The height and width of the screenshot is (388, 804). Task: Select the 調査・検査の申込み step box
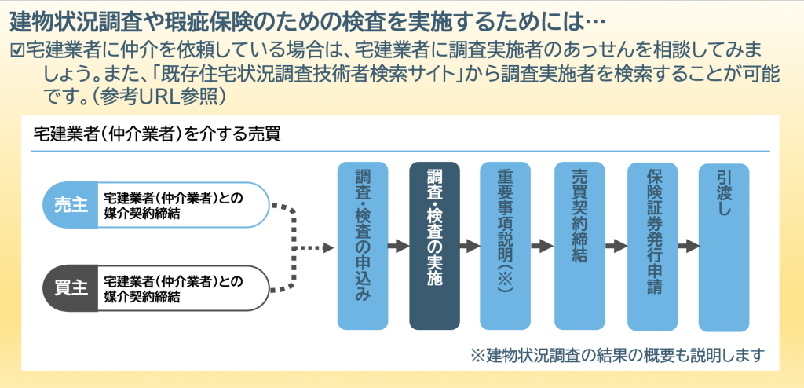click(363, 246)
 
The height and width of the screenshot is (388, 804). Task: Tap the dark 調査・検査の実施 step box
click(434, 246)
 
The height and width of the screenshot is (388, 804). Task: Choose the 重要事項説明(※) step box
click(505, 246)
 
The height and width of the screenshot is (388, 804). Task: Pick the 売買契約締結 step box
click(579, 246)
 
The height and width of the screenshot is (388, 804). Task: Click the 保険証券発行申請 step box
click(652, 247)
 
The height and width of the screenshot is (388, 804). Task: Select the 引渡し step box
click(724, 247)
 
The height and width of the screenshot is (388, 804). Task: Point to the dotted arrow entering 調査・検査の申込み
click(314, 248)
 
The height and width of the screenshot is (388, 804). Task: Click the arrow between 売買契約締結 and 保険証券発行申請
click(616, 247)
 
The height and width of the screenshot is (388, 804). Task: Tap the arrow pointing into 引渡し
click(689, 247)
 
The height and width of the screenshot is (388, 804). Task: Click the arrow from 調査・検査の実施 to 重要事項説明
click(470, 247)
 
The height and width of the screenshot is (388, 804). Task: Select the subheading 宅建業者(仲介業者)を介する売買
click(156, 134)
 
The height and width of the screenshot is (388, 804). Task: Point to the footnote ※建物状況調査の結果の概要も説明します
click(617, 354)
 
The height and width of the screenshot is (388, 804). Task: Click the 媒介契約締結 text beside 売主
click(142, 214)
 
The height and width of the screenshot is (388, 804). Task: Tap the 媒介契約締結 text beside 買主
click(142, 297)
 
